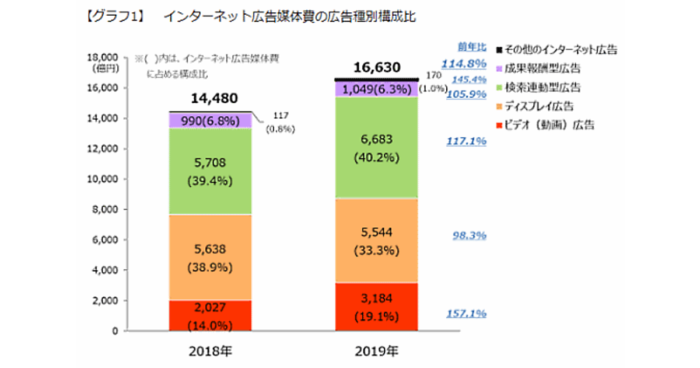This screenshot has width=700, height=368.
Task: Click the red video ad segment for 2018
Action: [210, 315]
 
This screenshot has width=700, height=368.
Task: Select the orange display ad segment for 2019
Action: [376, 241]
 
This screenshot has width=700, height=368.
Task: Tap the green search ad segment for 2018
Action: [210, 171]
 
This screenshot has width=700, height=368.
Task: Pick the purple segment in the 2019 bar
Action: [376, 89]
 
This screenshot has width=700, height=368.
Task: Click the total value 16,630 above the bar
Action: [376, 68]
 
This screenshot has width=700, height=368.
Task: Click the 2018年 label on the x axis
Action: [210, 352]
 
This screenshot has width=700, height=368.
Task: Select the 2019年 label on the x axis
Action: [376, 352]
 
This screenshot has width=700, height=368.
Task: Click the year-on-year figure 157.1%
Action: [466, 314]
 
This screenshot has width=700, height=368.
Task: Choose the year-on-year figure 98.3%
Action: [470, 236]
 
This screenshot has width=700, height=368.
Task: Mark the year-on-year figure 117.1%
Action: [466, 141]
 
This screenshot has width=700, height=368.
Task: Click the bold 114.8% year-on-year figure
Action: [464, 63]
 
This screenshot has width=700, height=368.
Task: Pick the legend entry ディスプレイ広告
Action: [539, 106]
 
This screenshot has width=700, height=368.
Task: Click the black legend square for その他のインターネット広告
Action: [499, 50]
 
